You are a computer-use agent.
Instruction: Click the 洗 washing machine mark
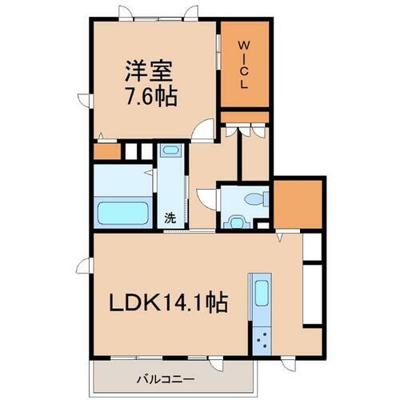tap(170, 218)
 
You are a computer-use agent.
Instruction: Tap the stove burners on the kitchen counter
tap(262, 342)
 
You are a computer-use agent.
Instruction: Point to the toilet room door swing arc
tap(204, 197)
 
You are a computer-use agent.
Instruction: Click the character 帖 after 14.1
tap(217, 303)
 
